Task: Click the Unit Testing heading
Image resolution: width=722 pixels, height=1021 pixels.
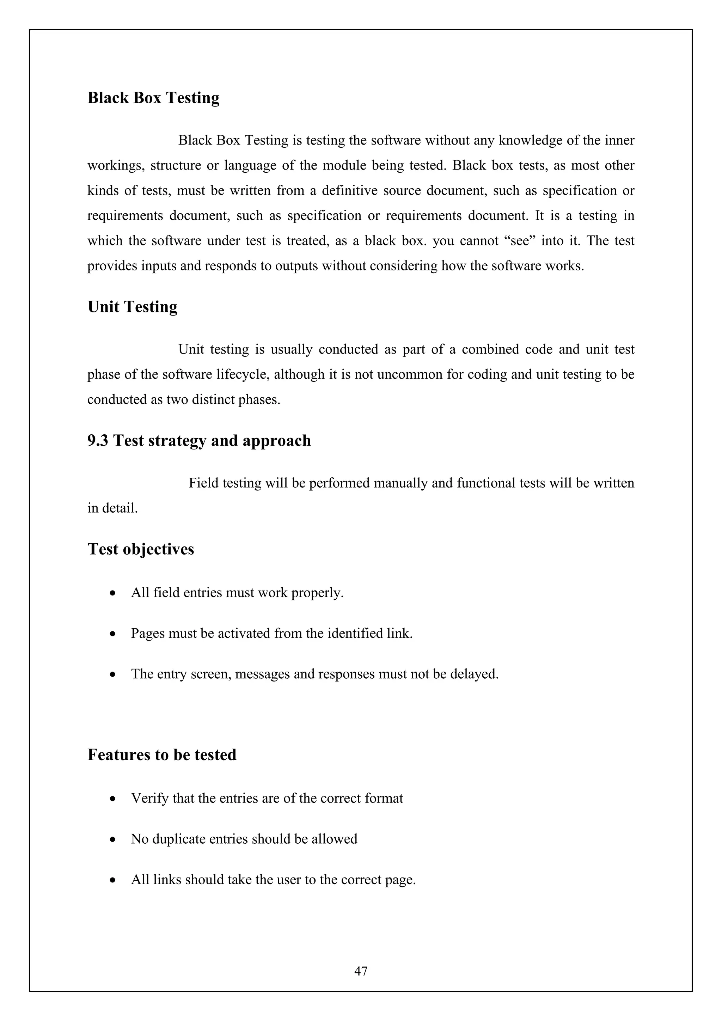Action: point(133,307)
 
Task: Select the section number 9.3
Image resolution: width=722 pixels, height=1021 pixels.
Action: point(97,441)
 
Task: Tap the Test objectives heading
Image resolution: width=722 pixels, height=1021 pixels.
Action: point(141,549)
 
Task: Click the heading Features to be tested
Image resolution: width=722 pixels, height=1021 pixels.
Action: point(162,755)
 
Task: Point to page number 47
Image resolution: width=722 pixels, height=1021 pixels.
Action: point(361,971)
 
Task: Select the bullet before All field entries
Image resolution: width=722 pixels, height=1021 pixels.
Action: point(114,594)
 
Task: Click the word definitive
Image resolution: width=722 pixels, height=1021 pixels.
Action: point(349,190)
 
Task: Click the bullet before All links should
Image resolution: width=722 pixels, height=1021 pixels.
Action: point(114,880)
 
